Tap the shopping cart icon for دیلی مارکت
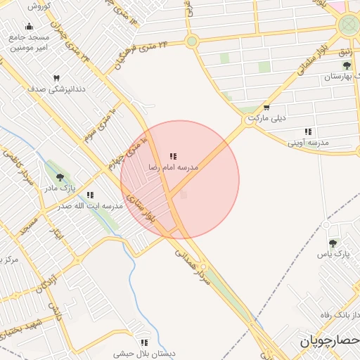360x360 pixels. [266, 107]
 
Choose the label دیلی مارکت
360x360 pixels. [266, 119]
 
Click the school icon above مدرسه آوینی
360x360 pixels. [307, 131]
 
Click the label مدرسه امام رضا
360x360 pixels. [173, 167]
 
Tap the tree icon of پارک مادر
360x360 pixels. [58, 177]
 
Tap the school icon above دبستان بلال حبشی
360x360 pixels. [144, 342]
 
